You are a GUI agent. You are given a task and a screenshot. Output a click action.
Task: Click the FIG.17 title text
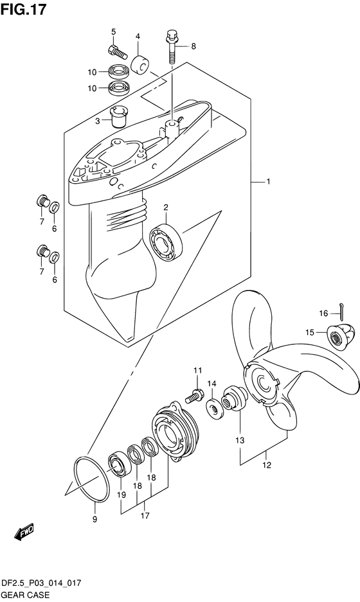tap(23, 9)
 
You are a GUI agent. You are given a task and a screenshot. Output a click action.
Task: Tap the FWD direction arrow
tap(24, 532)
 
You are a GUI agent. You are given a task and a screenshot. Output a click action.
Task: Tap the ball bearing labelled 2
tap(166, 243)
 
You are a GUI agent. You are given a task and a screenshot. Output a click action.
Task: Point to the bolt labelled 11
tap(194, 396)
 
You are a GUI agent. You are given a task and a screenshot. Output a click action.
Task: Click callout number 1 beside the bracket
tap(268, 181)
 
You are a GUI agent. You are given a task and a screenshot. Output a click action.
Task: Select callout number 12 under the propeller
tap(267, 465)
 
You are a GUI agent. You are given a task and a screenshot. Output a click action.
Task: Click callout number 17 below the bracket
tap(145, 516)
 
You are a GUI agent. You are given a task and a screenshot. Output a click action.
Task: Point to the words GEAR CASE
tap(25, 595)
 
